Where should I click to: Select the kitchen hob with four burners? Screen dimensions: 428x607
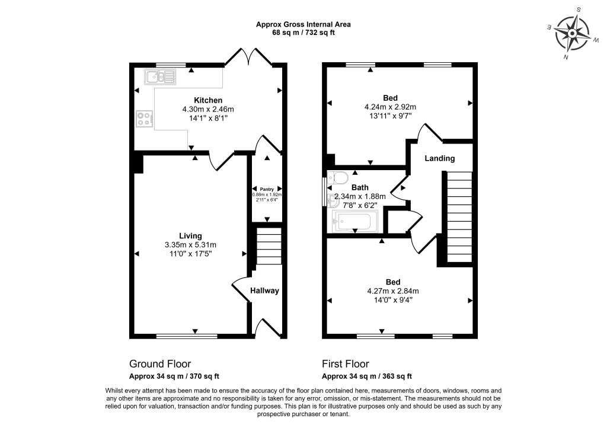[144, 120]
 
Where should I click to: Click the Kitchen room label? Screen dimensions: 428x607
[208, 100]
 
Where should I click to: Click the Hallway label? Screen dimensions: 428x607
[264, 290]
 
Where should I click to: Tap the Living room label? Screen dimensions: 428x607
[191, 235]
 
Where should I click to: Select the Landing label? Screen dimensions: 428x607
[440, 158]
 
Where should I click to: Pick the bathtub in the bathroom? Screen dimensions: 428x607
[352, 222]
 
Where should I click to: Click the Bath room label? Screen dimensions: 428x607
[360, 187]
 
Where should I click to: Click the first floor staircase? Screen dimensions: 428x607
[458, 213]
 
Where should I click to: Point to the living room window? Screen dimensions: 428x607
[187, 336]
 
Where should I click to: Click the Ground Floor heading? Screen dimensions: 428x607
[160, 363]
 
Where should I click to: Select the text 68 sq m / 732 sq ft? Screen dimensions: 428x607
[303, 33]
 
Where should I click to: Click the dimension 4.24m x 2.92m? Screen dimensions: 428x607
[390, 107]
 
